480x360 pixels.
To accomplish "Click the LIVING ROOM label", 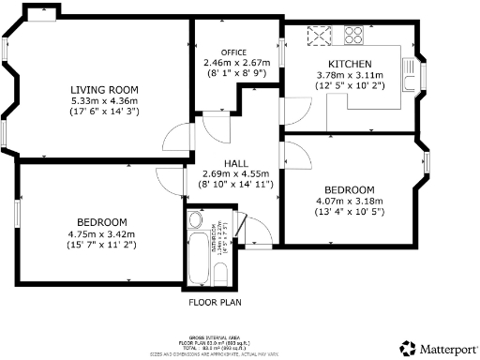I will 105,89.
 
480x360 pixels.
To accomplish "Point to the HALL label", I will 235,162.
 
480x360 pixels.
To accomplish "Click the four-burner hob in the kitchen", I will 354,37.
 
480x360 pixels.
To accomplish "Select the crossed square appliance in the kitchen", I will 320,37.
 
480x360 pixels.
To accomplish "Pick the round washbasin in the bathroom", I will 195,220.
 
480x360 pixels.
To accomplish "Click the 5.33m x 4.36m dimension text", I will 105,100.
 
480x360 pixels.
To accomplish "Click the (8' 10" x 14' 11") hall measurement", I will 235,185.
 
